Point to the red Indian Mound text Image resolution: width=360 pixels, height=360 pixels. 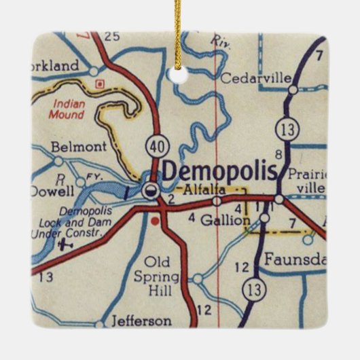click(x=67, y=109)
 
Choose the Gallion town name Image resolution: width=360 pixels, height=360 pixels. click(x=220, y=219)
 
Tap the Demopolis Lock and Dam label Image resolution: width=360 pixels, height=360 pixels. click(x=68, y=221)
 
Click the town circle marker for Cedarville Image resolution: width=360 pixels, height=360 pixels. click(x=293, y=89)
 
